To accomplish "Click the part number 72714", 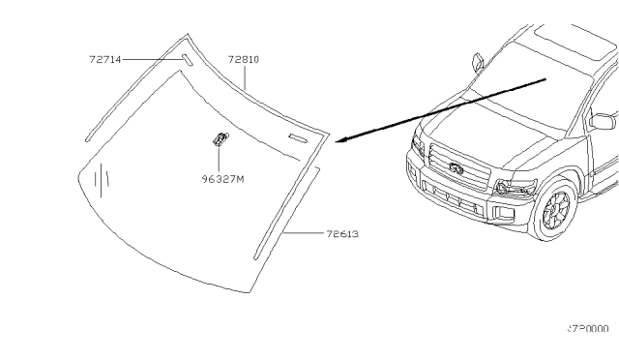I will [103, 59].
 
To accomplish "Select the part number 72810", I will [244, 59].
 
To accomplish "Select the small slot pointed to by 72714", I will [186, 60].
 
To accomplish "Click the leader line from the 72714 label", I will [151, 59].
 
